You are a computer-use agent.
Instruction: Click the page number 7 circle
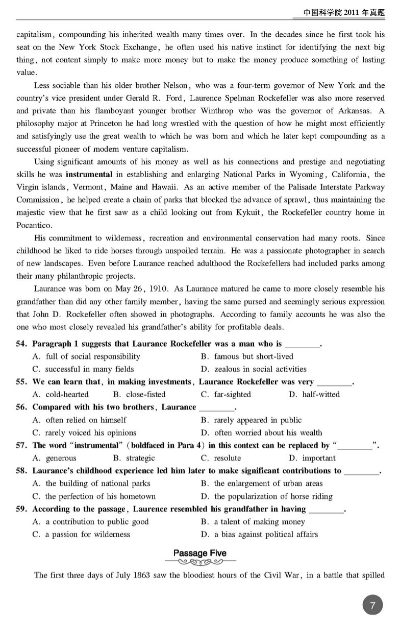(x=373, y=606)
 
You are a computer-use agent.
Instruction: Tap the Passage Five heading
(x=199, y=553)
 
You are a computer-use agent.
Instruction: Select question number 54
(x=21, y=344)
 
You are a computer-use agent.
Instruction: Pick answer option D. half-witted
(x=314, y=395)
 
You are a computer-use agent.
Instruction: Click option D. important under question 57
(x=312, y=458)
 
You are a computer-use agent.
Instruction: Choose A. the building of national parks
(x=91, y=484)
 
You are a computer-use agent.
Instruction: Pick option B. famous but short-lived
(x=247, y=356)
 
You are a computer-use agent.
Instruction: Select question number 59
(x=21, y=509)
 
